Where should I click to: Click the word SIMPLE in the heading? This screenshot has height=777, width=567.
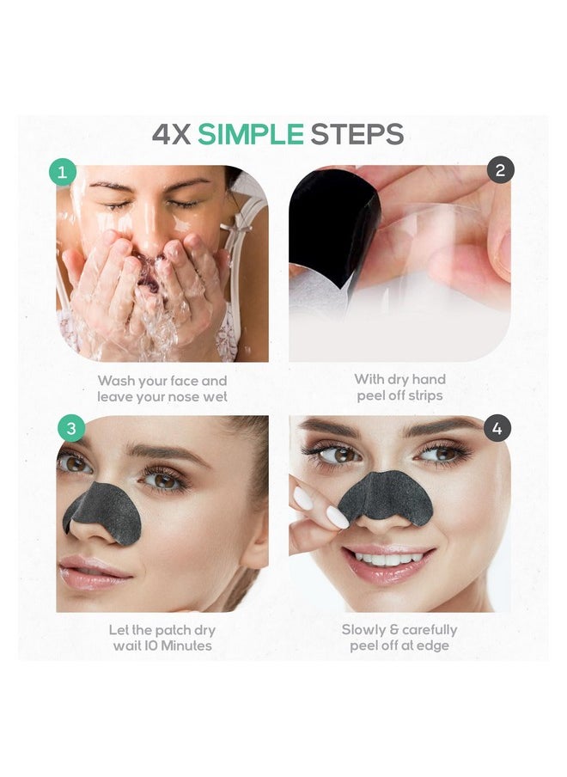click(x=251, y=134)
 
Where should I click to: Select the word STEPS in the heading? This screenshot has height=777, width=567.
click(x=357, y=134)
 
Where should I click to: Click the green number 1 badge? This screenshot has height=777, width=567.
click(x=61, y=171)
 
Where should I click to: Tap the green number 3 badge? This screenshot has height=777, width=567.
click(x=70, y=427)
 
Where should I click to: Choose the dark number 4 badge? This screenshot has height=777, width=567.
click(x=497, y=427)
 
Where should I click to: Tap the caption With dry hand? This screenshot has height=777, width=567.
click(x=399, y=379)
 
